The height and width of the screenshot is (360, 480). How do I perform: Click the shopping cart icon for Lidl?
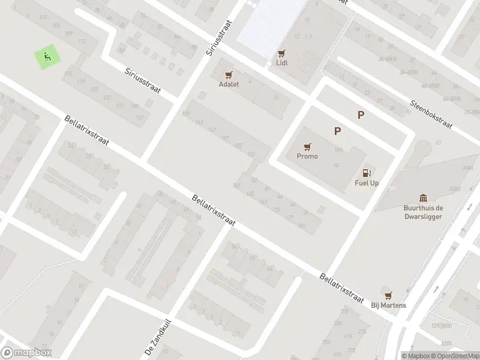281,53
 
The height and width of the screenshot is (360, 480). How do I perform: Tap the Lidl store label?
281,62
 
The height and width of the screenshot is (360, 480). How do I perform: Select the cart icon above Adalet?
228,75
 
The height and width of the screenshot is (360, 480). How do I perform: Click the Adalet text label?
228,85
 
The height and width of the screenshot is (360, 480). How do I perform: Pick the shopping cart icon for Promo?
307,146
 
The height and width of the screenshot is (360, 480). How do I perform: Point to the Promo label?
307,156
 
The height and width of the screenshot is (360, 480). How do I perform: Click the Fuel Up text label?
367,183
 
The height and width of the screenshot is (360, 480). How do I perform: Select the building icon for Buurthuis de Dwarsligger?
424,198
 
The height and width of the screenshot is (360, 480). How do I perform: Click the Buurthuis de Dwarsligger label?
424,212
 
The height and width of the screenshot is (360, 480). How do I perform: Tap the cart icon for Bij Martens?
388,295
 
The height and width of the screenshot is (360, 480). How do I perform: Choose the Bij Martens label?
388,305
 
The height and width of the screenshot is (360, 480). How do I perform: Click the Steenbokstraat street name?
432,110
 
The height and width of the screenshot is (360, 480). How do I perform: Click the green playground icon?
47,58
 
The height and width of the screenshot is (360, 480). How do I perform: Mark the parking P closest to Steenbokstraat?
361,115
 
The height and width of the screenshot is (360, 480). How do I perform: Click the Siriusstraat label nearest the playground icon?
143,80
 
